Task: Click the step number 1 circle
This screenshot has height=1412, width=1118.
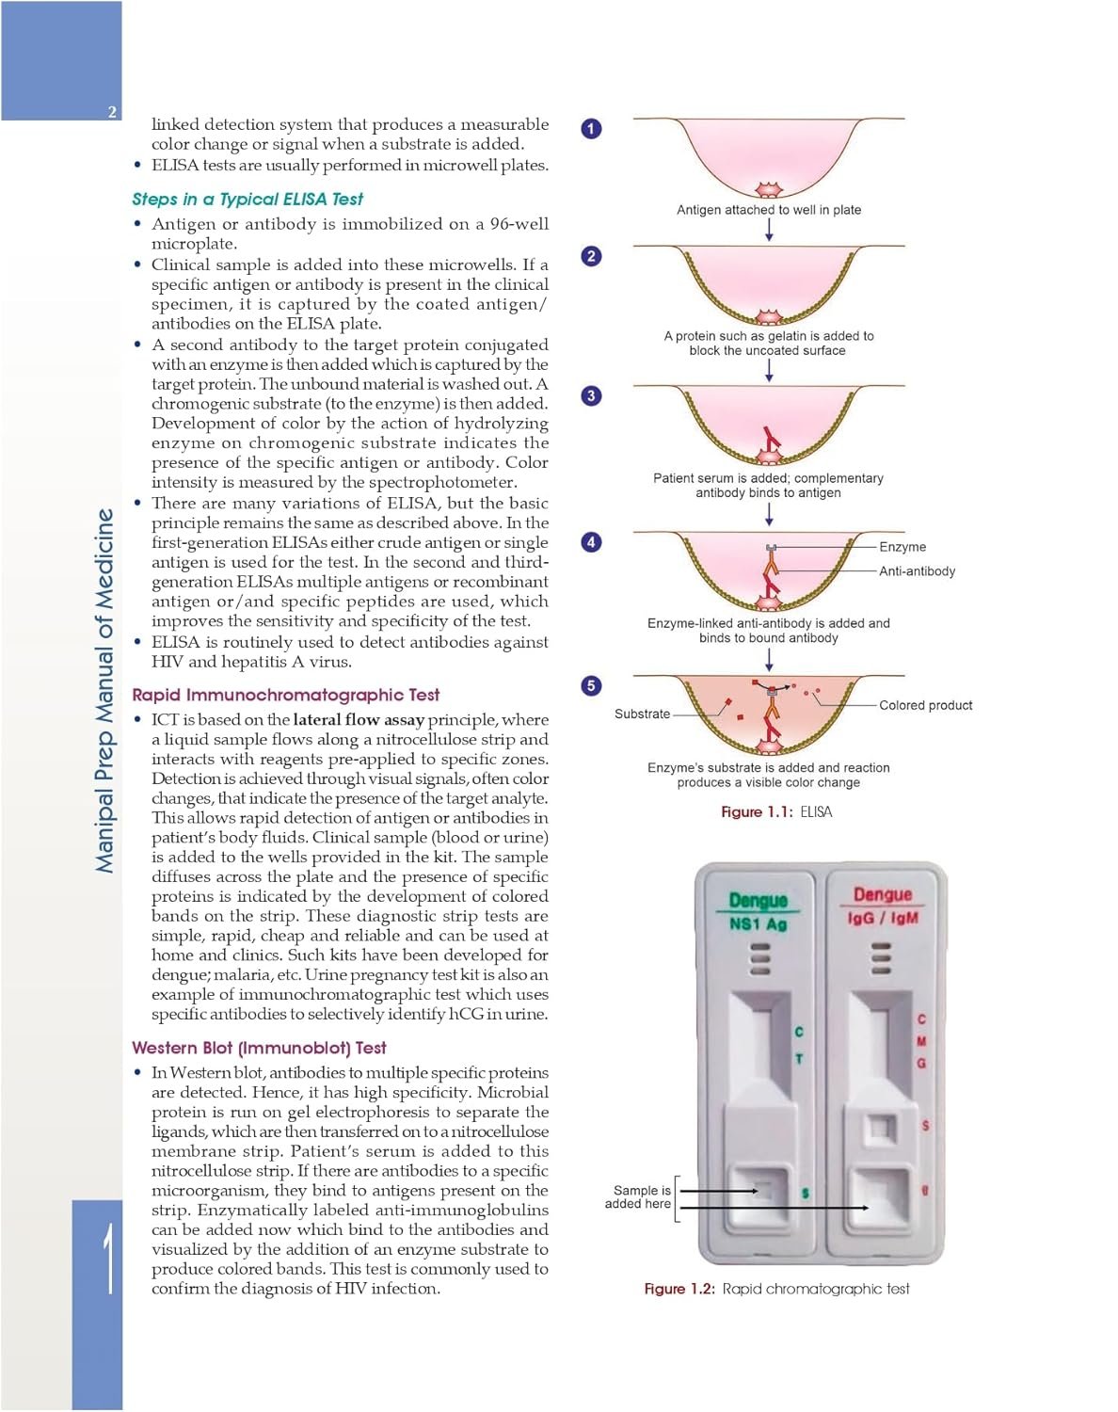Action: tap(591, 129)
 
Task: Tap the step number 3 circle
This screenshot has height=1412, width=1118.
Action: tap(591, 396)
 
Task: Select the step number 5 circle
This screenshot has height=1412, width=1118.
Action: tap(591, 685)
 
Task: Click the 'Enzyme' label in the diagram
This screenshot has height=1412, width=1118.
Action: tap(902, 547)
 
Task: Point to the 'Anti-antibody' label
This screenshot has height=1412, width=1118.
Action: tap(917, 571)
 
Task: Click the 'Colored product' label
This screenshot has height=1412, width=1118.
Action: tap(925, 705)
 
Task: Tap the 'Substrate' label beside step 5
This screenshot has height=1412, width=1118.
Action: tap(642, 714)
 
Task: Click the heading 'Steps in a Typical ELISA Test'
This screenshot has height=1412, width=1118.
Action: tap(248, 199)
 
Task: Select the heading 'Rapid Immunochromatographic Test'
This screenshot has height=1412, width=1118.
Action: tap(285, 695)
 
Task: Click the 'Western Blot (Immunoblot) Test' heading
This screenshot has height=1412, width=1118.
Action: tap(259, 1048)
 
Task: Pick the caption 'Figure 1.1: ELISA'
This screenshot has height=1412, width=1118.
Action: tap(776, 811)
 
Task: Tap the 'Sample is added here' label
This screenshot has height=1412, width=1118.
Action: tap(637, 1196)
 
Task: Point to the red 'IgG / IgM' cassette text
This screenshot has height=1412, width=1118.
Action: tap(883, 918)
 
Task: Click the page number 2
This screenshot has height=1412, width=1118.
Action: tap(112, 111)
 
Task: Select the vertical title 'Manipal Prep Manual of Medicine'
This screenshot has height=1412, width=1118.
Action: tap(104, 690)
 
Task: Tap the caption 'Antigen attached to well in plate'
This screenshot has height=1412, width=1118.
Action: tap(769, 210)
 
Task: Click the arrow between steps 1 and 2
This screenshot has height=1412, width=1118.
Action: tap(769, 230)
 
